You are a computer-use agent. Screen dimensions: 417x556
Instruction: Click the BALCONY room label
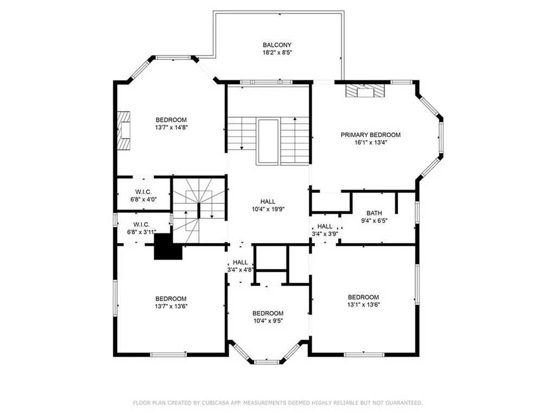click(x=277, y=45)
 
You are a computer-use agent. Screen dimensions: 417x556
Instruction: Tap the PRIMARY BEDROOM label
click(x=370, y=135)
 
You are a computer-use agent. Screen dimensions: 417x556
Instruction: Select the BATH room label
click(x=374, y=213)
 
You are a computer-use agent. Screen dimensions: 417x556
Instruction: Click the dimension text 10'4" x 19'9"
click(x=268, y=209)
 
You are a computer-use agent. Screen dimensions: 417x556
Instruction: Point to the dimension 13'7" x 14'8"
click(x=171, y=128)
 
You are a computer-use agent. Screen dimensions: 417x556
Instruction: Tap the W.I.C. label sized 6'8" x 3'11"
click(x=142, y=232)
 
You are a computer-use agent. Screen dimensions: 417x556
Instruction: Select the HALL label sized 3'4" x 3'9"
click(x=325, y=233)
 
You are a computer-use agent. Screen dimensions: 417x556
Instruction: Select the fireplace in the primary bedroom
click(x=365, y=91)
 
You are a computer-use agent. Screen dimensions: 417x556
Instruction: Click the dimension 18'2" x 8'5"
click(x=277, y=53)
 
